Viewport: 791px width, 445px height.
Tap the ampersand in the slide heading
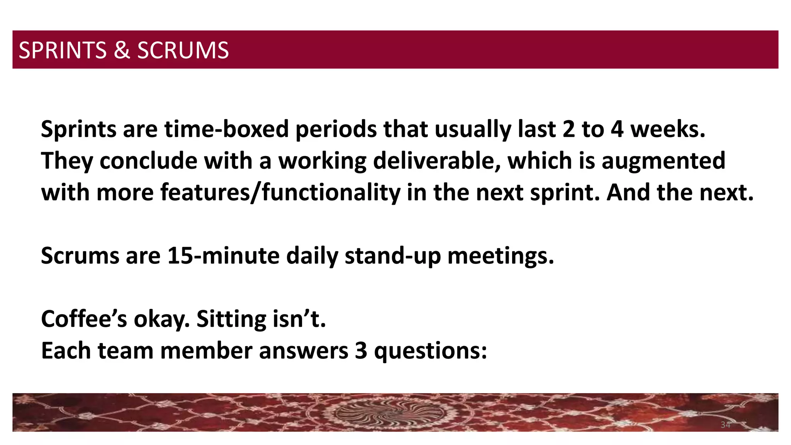click(122, 50)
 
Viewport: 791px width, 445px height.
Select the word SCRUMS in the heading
click(183, 50)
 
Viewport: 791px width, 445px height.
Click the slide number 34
click(725, 425)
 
